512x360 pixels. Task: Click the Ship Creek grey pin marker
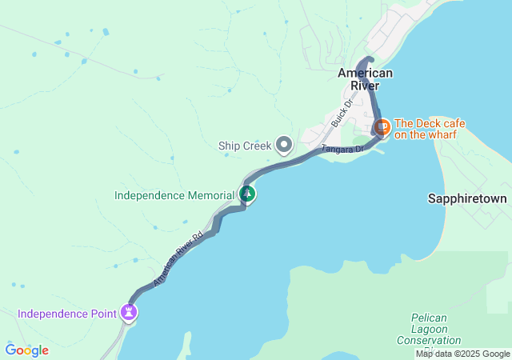(284, 145)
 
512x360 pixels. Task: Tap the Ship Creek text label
(245, 146)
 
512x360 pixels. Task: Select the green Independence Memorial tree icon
(248, 194)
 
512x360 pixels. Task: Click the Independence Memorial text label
(174, 194)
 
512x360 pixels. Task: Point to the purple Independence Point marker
(129, 312)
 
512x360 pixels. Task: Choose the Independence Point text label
(67, 313)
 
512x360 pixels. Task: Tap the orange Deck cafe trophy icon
(382, 126)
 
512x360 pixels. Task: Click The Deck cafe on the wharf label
(430, 129)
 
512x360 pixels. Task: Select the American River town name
(365, 79)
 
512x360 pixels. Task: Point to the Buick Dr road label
(342, 115)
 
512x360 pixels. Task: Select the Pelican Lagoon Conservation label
(429, 329)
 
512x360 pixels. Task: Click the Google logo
(26, 350)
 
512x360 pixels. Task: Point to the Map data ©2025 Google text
(462, 354)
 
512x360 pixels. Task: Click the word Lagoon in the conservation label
(429, 329)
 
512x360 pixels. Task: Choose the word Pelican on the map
(429, 318)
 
